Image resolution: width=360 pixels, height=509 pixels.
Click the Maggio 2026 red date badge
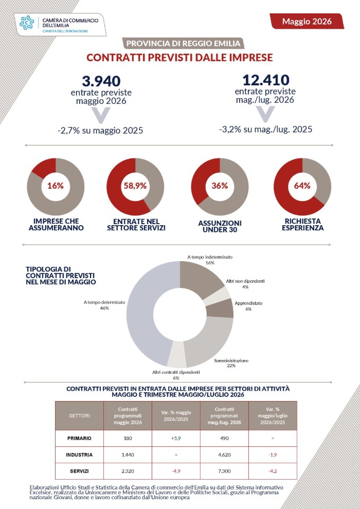click(307, 21)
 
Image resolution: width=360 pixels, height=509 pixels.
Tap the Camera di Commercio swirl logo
click(27, 23)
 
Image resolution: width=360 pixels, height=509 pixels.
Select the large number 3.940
click(101, 81)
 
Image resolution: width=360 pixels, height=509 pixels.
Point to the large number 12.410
click(265, 80)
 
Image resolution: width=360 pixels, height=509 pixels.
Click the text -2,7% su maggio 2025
click(100, 131)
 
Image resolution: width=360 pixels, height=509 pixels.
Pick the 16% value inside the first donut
click(56, 186)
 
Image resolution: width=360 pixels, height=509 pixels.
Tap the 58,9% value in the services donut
click(135, 186)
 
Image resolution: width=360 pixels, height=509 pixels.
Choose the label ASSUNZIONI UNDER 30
click(220, 227)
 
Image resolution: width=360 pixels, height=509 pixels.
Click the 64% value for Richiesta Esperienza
click(302, 186)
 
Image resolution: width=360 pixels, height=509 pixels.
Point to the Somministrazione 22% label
click(231, 363)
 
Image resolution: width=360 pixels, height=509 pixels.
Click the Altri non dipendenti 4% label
click(245, 284)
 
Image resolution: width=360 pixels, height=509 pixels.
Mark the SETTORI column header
click(79, 415)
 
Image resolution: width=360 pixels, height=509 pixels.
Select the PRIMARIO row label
click(79, 438)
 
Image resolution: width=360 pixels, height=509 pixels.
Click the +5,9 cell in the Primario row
click(176, 438)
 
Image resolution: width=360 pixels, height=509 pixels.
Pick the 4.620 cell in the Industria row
click(225, 455)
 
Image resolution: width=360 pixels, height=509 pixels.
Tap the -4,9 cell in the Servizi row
click(176, 471)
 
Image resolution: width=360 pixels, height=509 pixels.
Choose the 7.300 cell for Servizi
click(225, 471)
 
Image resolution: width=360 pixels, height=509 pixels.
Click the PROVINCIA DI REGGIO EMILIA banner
click(183, 43)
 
